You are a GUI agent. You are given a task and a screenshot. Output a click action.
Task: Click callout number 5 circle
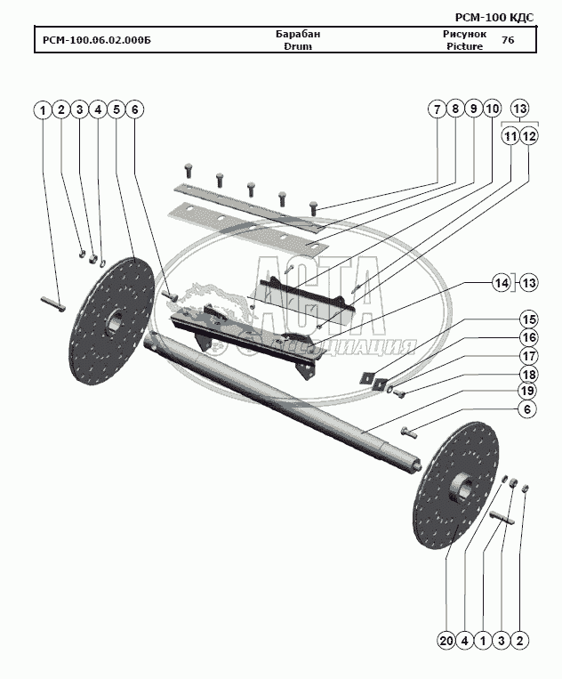coord(116,109)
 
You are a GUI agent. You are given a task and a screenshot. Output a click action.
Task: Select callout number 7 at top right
coord(436,109)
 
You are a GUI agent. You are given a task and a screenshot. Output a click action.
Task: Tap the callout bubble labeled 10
coord(492,109)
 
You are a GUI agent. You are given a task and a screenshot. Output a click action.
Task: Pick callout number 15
coord(528,319)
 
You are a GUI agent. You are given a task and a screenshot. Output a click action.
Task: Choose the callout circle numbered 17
coord(528,356)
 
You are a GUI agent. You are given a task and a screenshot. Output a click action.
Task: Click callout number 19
coord(528,391)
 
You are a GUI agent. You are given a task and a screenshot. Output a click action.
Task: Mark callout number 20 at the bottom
coord(446,640)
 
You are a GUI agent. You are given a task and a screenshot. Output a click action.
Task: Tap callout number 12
coord(529,136)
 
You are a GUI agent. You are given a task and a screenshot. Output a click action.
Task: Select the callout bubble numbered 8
coord(454,109)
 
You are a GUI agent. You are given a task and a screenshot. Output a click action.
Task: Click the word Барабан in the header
coord(298,34)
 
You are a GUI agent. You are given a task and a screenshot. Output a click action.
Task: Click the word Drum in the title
coord(298,46)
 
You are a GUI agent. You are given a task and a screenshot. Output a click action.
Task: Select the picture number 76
coord(508,40)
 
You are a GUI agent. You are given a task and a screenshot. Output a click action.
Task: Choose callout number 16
coord(528,338)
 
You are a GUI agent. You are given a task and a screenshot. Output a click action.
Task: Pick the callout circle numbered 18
coord(528,374)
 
